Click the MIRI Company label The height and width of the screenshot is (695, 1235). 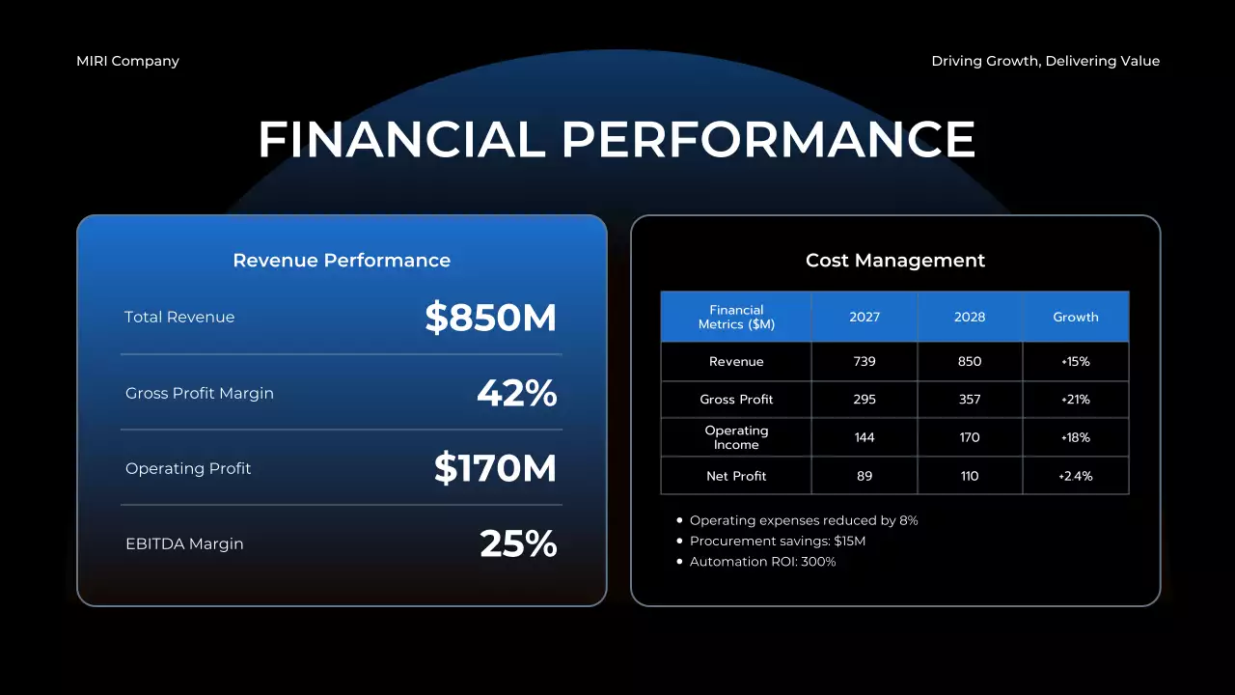click(x=127, y=61)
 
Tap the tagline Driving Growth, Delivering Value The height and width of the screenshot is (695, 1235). click(x=1045, y=61)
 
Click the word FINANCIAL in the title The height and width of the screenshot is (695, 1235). click(x=401, y=140)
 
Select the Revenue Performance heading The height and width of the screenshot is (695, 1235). click(x=342, y=261)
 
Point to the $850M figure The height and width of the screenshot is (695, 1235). click(x=490, y=318)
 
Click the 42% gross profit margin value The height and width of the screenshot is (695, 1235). click(x=516, y=394)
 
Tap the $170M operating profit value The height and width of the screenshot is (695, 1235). click(x=495, y=469)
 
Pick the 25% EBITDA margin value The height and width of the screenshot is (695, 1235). click(x=518, y=544)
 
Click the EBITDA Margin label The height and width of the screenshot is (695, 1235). click(x=184, y=544)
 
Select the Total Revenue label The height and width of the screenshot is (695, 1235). click(x=179, y=318)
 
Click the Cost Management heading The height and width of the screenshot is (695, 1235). click(x=895, y=261)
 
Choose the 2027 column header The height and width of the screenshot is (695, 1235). click(x=864, y=318)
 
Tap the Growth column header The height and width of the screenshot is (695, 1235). click(x=1076, y=318)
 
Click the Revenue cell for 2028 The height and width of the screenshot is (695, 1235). click(x=970, y=362)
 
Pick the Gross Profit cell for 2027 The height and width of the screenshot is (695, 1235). click(x=864, y=400)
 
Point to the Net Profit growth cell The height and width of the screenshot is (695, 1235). click(x=1076, y=476)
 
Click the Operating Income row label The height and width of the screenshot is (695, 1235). click(x=736, y=437)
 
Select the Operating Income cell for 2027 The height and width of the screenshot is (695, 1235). click(x=864, y=437)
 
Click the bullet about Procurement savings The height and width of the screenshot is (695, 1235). click(x=778, y=542)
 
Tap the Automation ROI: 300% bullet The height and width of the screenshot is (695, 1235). click(x=762, y=562)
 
